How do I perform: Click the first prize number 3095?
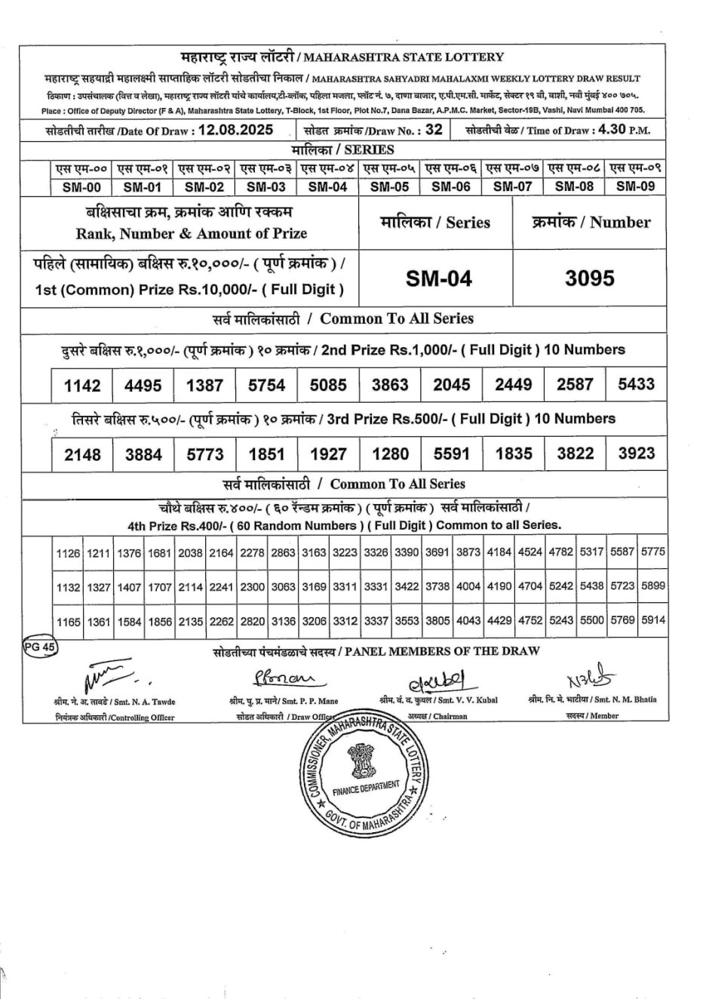[590, 278]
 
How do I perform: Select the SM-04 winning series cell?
[439, 278]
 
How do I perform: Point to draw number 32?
[434, 129]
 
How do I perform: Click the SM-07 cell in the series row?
[512, 186]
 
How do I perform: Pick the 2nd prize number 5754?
[266, 385]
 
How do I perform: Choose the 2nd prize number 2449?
[513, 385]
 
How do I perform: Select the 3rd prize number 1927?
[328, 454]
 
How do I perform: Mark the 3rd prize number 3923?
[636, 453]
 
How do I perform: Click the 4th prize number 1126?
[68, 553]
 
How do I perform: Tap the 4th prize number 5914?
[653, 620]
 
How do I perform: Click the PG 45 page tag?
[39, 647]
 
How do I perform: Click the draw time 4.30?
[611, 129]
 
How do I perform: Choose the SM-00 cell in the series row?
[81, 186]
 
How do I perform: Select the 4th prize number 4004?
[468, 586]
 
